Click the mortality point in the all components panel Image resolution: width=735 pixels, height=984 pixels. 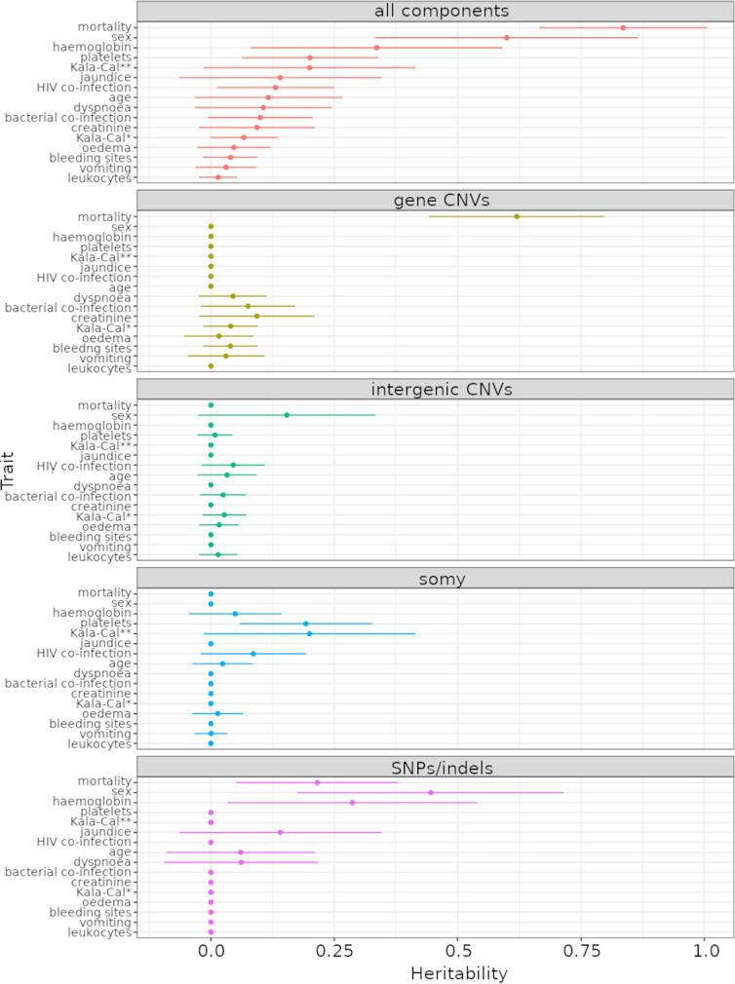pos(623,27)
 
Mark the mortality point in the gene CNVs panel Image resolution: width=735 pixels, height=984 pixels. pos(517,216)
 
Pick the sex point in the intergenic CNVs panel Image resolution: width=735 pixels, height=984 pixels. pos(287,415)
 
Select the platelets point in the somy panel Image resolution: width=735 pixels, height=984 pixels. pos(305,624)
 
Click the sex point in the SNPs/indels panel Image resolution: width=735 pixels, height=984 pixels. pos(430,792)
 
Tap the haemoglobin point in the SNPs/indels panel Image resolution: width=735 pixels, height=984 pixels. pos(352,803)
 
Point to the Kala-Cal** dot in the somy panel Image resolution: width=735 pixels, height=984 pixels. pos(309,633)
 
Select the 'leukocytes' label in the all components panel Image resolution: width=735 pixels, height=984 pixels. pos(99,178)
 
